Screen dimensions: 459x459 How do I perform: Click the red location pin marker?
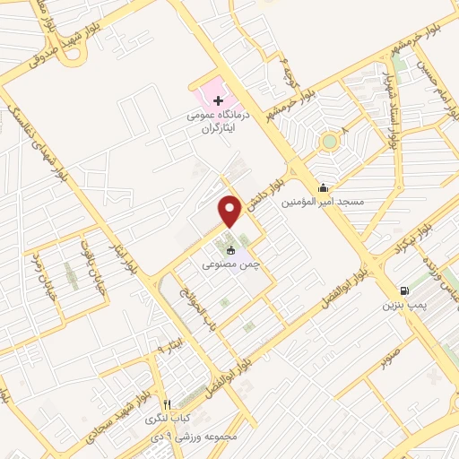pos(230,211)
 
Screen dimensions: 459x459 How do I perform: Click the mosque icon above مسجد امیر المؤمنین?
pos(323,187)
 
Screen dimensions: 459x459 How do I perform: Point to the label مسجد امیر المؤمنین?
pos(324,203)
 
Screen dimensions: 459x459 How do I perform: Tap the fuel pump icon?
pos(406,290)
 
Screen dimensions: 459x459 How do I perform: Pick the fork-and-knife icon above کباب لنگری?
pos(167,403)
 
